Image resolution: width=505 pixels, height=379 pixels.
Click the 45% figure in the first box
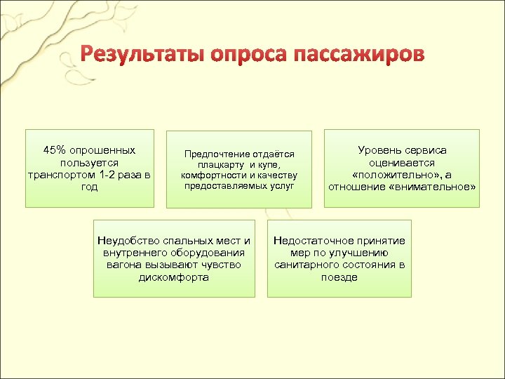tap(54, 150)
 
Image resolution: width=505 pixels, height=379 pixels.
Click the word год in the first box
tap(90, 187)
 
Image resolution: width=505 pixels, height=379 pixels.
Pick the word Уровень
tap(379, 150)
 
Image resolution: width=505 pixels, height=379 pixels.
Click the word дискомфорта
tap(174, 277)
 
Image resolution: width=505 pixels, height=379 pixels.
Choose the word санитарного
tap(311, 265)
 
